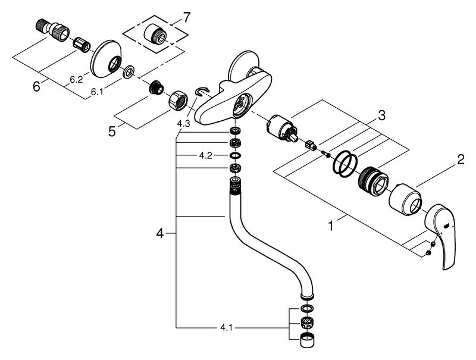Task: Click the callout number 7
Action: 186,18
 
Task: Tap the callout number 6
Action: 36,87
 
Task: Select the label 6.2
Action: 76,80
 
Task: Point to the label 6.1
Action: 96,92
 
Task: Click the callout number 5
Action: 112,131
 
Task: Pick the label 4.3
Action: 184,124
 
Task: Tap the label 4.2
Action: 205,156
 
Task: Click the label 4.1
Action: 226,327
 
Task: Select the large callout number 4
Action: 160,233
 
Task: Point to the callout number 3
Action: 381,115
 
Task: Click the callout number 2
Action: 461,159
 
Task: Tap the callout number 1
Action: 331,226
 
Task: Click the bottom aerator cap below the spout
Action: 306,340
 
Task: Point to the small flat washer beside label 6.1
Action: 129,71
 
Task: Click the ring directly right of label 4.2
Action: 235,155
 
